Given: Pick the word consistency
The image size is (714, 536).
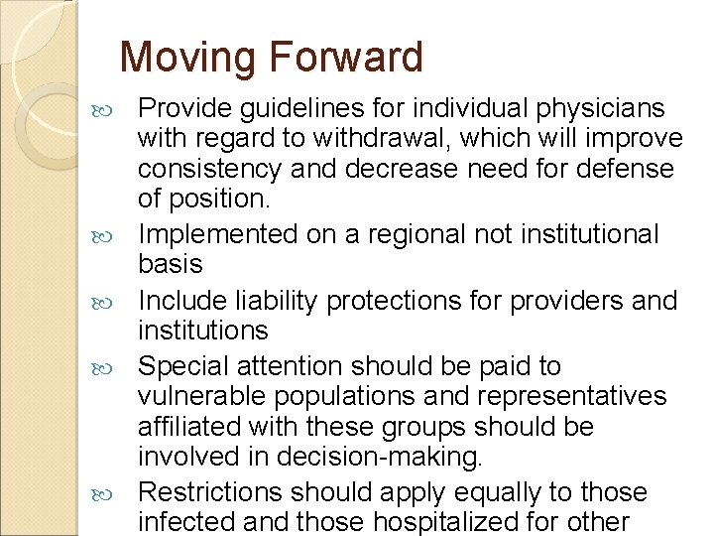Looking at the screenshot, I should point(212,168).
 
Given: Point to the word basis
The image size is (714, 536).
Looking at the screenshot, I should point(171,264).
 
